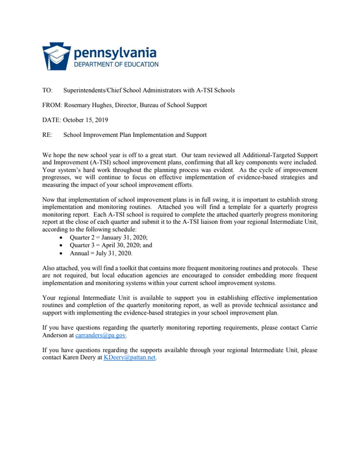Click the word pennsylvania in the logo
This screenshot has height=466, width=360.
click(x=114, y=52)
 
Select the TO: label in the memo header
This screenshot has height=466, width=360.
click(x=48, y=90)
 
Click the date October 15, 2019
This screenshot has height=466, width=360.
click(x=86, y=120)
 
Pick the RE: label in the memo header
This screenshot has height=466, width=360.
click(x=48, y=135)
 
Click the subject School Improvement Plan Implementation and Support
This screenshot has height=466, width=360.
click(x=135, y=135)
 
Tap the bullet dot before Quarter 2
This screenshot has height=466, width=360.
click(x=62, y=238)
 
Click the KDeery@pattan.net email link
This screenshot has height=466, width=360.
click(x=129, y=358)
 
